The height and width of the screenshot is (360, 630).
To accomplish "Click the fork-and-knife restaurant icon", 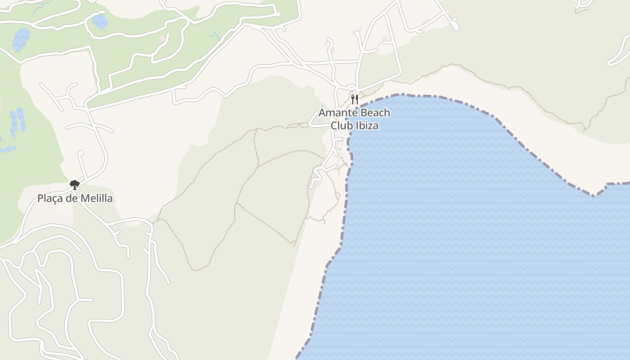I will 355,99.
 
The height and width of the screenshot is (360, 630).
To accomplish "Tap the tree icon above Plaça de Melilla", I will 75,184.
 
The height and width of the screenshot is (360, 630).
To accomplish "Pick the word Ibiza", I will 367,126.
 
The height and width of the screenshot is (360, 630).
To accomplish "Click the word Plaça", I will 50,198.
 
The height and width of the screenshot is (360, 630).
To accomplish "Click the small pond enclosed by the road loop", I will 99,21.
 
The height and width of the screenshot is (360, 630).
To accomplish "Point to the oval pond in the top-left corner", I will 21,40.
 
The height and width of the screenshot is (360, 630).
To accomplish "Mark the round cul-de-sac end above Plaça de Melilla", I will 81,153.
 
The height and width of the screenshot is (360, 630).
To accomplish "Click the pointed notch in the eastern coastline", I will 594,196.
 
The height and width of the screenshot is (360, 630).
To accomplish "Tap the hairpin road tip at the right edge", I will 610,63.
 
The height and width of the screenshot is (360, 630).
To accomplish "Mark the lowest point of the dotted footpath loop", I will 195,270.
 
